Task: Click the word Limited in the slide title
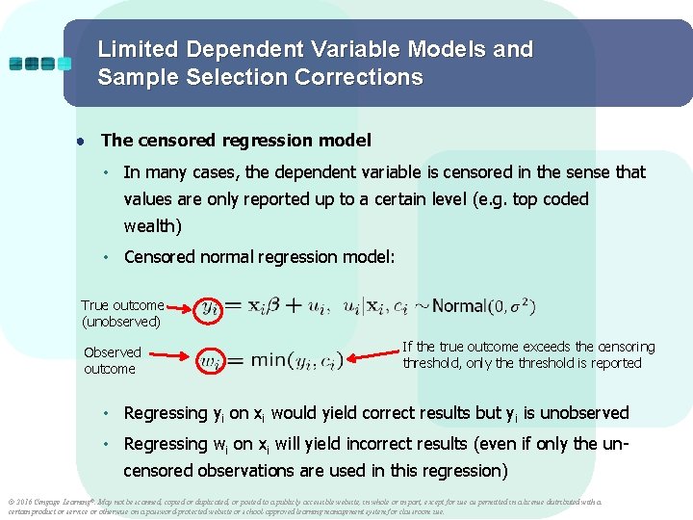pyautogui.click(x=136, y=49)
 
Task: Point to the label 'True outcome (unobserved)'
pyautogui.click(x=122, y=314)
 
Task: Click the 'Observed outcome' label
pyautogui.click(x=112, y=360)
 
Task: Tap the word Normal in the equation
pyautogui.click(x=459, y=306)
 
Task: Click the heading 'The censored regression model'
pyautogui.click(x=235, y=141)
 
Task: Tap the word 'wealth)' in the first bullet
pyautogui.click(x=152, y=226)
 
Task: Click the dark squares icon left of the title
pyautogui.click(x=39, y=64)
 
